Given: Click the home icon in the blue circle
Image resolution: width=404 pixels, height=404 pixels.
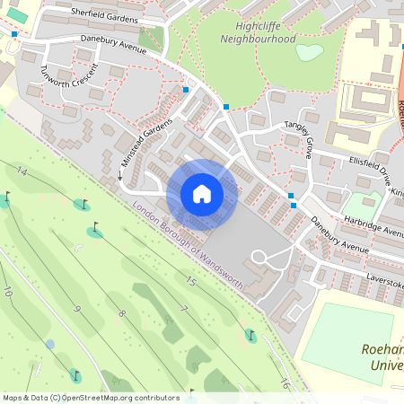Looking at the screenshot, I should coord(202,194).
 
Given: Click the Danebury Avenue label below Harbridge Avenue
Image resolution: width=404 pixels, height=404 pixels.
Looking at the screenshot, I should coord(339,233).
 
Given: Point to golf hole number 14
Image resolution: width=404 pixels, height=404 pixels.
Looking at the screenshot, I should coord(22,171).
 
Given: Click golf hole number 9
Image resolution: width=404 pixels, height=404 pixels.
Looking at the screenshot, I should coord(77,310).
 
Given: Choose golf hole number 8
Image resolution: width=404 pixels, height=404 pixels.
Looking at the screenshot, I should coord(122,313).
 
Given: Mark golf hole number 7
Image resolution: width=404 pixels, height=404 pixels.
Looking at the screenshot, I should coord(183,309).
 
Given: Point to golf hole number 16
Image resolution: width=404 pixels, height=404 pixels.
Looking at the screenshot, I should coord(285,384).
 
